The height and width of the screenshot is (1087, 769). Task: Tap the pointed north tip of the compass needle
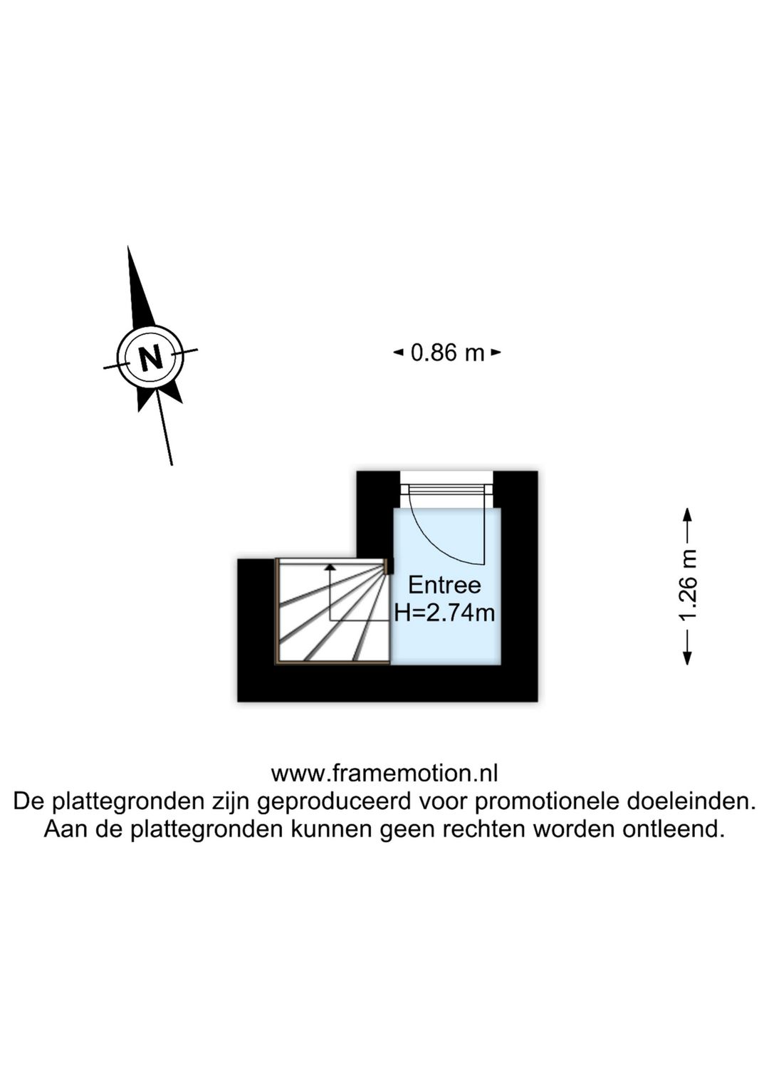(128, 246)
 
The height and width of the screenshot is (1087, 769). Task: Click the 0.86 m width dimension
(446, 353)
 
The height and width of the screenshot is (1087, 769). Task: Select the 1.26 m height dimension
(687, 586)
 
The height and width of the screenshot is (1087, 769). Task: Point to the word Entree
(444, 586)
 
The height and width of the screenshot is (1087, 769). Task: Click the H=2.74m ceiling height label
(444, 613)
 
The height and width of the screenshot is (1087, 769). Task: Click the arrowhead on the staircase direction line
(330, 566)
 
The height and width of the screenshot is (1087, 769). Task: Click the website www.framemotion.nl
(384, 774)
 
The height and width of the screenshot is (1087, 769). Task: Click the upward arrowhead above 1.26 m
(687, 514)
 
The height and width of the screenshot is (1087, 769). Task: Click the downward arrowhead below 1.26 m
(687, 658)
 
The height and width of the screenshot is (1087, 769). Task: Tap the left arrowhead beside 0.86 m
(398, 353)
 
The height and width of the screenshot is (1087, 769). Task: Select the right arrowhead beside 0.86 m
(496, 353)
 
